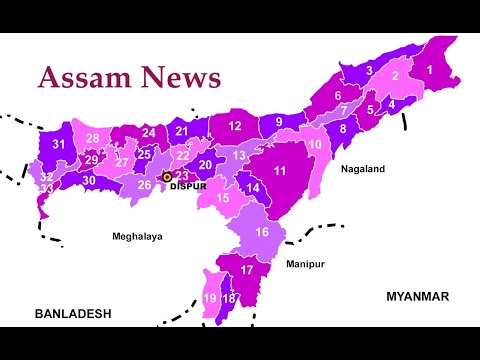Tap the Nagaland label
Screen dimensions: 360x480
362,170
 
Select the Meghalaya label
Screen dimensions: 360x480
137,237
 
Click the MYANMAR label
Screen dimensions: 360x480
417,296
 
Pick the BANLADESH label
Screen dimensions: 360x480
73,313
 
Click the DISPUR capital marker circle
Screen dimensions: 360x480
168,176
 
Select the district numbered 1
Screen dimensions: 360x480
429,69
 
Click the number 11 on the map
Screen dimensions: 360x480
280,171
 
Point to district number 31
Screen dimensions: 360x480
59,145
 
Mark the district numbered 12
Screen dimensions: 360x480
233,126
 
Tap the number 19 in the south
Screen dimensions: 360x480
210,299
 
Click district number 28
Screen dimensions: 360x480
92,139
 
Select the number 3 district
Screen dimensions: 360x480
369,71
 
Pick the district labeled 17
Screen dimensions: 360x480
247,270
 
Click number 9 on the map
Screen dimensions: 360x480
279,122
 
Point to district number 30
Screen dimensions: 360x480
89,180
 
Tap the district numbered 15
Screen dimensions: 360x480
222,198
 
